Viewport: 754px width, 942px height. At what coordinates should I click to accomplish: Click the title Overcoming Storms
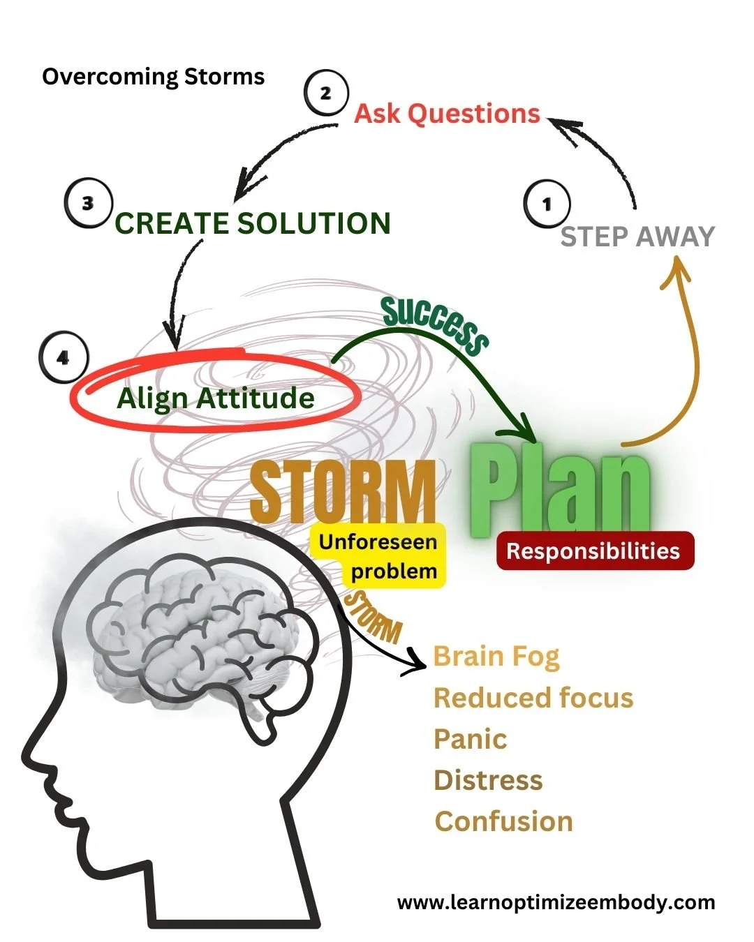pos(153,76)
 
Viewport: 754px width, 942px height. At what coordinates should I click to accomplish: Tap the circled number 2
pos(325,94)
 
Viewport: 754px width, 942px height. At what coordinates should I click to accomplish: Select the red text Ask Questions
pos(447,113)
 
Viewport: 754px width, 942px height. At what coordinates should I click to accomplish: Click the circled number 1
pos(547,204)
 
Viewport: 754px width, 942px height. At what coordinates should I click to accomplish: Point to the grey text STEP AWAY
pos(637,237)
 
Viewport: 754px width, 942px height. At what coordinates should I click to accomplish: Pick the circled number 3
pos(88,204)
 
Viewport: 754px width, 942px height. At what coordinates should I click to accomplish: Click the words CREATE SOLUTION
pos(253,223)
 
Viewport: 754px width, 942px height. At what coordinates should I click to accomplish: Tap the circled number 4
pos(64,358)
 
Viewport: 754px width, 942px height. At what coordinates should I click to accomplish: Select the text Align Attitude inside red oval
pos(215,398)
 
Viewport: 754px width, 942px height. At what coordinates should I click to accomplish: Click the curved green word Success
pos(435,323)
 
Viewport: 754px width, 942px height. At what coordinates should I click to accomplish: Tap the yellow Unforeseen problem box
pos(378,556)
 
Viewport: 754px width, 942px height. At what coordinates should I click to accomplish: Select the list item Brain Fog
pos(496,656)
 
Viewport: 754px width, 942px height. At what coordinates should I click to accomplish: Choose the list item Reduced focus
pos(533,698)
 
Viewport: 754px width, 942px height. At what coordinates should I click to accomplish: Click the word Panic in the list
pos(470,739)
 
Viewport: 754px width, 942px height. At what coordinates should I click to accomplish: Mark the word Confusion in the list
pos(503,821)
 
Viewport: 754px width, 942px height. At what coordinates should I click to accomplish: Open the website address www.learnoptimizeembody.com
pos(556,902)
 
